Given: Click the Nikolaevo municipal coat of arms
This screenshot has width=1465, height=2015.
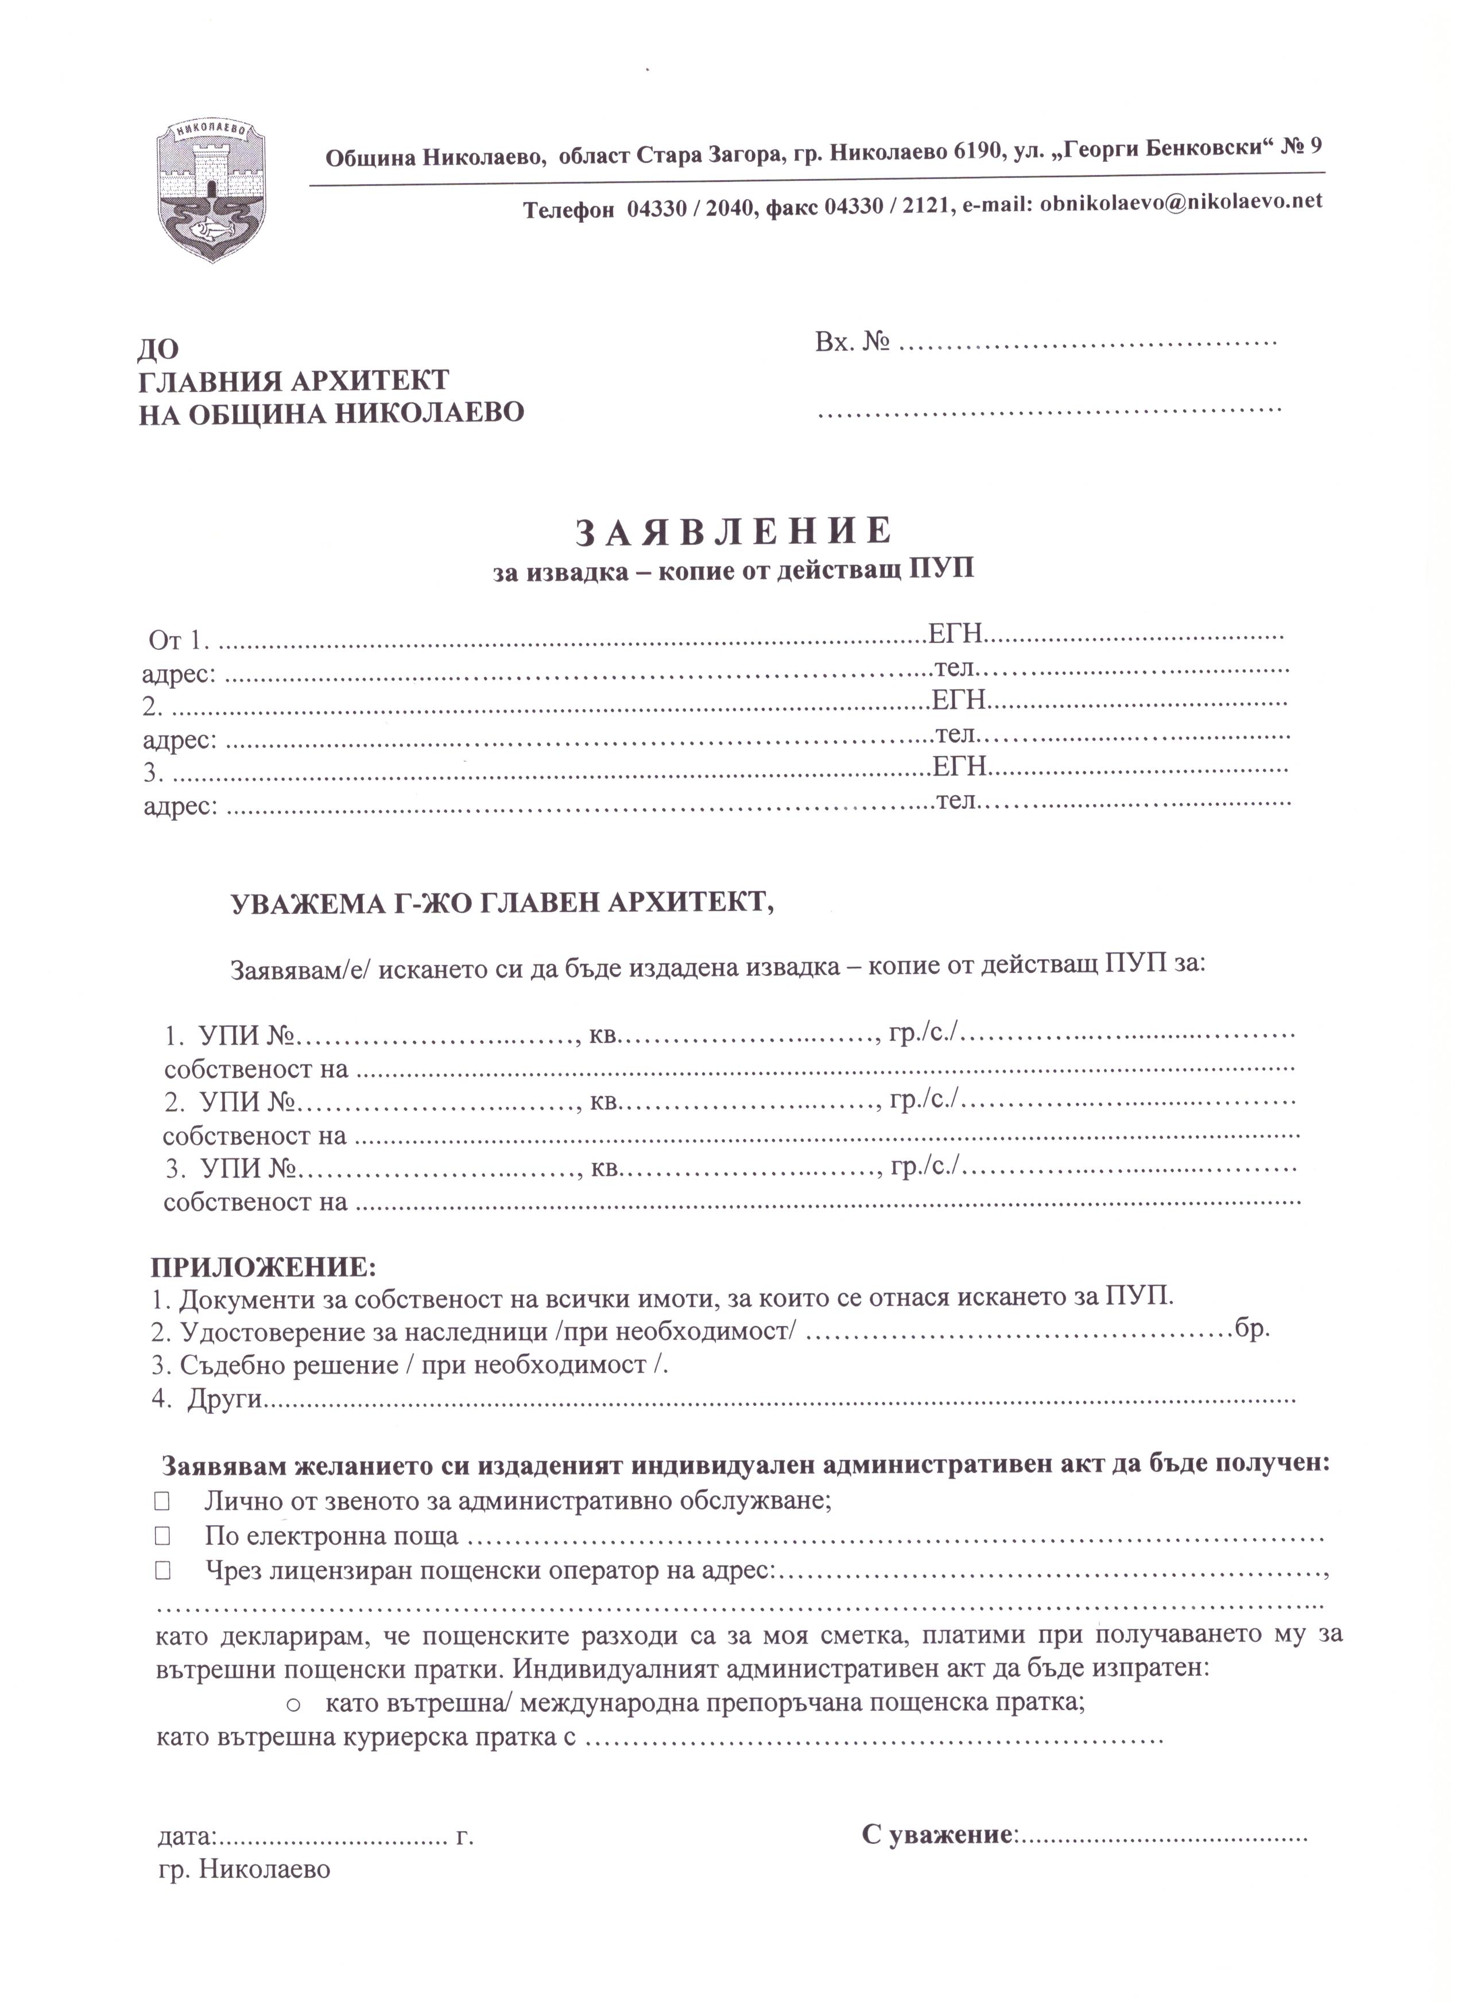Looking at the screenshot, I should pos(211,189).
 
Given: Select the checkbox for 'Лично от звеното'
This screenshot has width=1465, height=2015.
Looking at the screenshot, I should pos(162,1501).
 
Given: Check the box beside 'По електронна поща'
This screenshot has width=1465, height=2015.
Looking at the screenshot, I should pos(162,1535).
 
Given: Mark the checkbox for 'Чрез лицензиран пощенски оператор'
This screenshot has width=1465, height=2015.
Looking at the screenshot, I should pos(162,1570).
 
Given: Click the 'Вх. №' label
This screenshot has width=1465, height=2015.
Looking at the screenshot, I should pos(852,342).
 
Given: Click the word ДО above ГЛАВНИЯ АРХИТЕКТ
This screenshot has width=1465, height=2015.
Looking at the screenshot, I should pos(158,351).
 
